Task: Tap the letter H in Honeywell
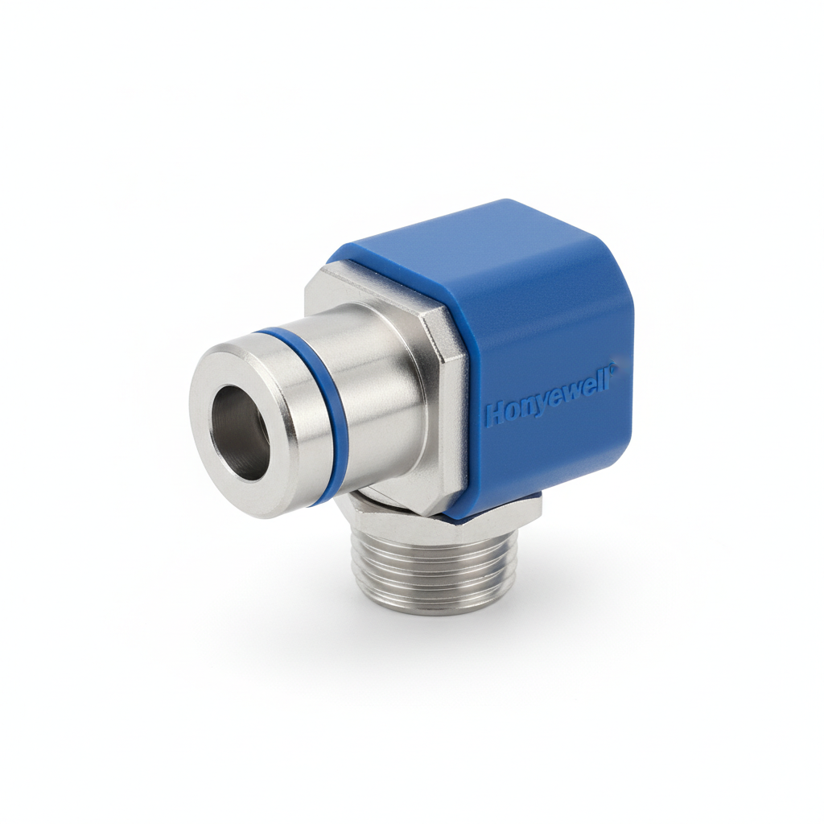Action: point(492,414)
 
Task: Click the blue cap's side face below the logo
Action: point(555,459)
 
